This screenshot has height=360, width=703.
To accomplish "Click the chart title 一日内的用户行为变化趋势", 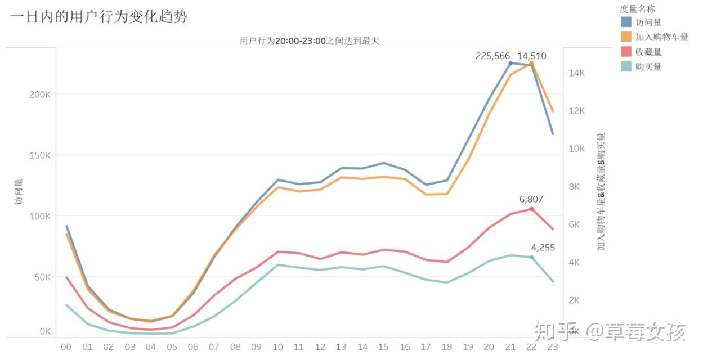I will pos(98,17).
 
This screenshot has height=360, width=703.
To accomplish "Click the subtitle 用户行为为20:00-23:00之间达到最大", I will pos(310,40).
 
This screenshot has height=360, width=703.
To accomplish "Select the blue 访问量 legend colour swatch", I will pos(626,22).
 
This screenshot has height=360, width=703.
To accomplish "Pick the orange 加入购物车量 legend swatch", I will pos(626,37).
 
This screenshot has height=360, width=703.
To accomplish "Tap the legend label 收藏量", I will pos(648,52).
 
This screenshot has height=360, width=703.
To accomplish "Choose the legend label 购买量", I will pos(648,66).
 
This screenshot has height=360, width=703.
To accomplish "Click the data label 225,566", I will pos(492,56).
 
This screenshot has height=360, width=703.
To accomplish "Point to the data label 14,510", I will pos(531,56).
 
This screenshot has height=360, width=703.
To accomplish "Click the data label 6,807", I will pos(531,199).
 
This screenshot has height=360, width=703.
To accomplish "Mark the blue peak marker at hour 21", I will pos(511,63).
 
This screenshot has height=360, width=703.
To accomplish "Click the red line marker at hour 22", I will pos(531,209).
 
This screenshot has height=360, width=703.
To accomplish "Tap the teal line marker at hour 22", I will pos(531,257).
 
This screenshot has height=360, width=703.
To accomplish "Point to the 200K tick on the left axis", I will pos(39,94).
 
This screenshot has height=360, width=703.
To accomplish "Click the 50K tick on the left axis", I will pos(42,277).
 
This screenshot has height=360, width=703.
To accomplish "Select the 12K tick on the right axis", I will pos(578,111).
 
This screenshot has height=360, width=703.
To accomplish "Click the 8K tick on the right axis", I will pos(578,187).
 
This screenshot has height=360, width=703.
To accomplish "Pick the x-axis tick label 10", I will pos(277,347).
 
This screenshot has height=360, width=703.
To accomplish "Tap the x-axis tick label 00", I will pos(66,347).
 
